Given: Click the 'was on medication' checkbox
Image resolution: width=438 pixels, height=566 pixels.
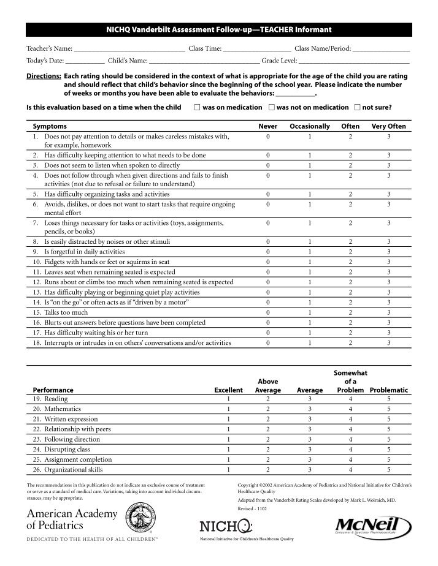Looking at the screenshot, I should [196, 108].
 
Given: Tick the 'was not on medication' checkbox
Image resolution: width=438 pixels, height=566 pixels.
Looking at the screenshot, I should [271, 108].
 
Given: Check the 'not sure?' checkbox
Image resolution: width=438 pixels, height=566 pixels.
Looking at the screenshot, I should [357, 108].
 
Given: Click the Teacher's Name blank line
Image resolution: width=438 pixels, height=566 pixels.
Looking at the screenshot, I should [129, 48].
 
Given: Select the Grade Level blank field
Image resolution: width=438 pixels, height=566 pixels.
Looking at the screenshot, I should [354, 61].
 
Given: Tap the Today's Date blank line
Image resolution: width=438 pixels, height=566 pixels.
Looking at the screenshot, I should [85, 61].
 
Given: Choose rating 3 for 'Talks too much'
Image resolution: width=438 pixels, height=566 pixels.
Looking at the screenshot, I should [388, 312].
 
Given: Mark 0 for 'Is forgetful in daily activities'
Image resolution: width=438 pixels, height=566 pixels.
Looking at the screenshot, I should [268, 252].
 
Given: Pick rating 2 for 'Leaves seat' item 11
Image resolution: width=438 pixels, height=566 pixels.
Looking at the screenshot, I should [350, 272].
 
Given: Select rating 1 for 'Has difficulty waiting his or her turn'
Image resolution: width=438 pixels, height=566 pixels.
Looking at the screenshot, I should [310, 333].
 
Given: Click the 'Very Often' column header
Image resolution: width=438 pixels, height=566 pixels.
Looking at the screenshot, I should [388, 126].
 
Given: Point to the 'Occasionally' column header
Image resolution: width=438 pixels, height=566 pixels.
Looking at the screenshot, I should [310, 126].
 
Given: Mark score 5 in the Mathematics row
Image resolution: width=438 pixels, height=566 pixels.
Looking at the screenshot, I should [388, 409].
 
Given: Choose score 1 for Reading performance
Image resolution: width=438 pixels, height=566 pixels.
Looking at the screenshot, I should [228, 399].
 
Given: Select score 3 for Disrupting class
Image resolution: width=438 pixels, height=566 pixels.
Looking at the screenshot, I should [310, 449].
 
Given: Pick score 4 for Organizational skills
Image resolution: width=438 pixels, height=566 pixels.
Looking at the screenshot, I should [350, 469].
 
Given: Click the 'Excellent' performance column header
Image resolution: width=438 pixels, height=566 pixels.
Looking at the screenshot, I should [228, 390].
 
